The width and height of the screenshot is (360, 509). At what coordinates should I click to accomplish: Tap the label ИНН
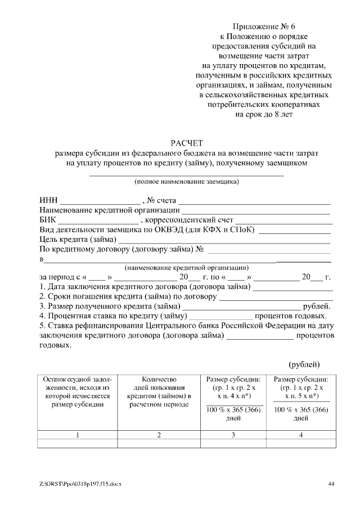coord(48,200)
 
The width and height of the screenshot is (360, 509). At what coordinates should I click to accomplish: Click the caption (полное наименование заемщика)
coord(186,182)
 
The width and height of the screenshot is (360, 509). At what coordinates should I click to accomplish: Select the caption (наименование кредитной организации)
coord(186,268)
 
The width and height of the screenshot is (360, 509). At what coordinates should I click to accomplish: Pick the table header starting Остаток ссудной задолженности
coord(77,392)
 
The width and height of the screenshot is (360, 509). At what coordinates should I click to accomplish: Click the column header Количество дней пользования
coord(159,392)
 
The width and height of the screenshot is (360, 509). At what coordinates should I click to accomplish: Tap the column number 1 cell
coord(77,435)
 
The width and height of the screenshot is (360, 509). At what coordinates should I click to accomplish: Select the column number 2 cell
coord(159,435)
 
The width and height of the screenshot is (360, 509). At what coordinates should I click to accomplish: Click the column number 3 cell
coord(233,435)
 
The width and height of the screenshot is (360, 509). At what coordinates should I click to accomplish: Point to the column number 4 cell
coord(301,435)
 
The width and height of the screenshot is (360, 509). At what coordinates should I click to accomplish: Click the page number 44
coord(331,484)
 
